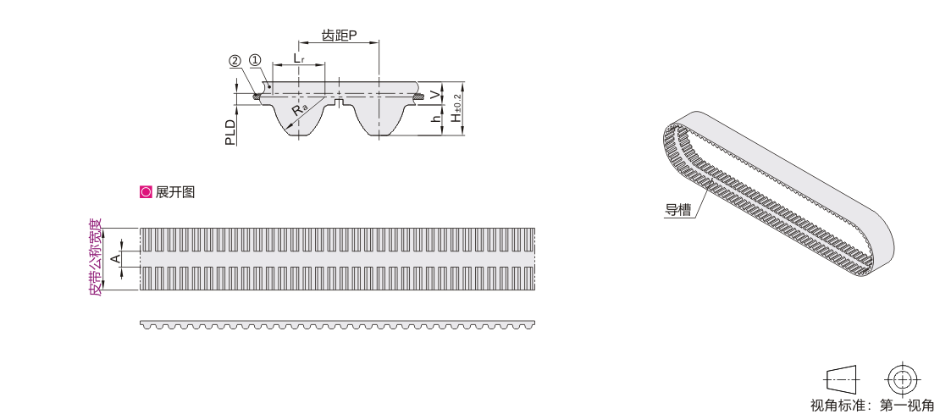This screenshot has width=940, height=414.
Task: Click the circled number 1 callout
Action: [x=256, y=60]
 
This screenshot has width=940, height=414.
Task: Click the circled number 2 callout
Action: [x=235, y=60]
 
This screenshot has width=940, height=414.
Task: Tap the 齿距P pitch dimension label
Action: [x=340, y=36]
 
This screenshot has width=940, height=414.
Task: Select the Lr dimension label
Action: [x=299, y=58]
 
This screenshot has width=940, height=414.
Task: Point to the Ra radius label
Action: [x=300, y=109]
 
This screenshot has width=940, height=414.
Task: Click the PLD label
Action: [x=230, y=132]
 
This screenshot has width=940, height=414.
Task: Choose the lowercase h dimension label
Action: [x=436, y=118]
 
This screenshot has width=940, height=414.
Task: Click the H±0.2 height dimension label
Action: [x=457, y=108]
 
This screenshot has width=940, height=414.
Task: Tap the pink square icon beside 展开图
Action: [x=146, y=192]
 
